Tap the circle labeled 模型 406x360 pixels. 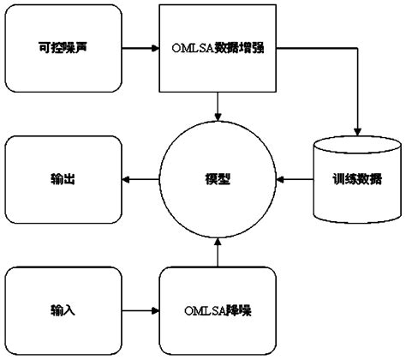[x=218, y=179]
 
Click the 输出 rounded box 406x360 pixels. [x=62, y=180]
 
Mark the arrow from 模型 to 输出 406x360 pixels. [x=140, y=180]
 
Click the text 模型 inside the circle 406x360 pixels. [x=218, y=180]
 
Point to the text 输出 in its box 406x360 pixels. [x=62, y=180]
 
